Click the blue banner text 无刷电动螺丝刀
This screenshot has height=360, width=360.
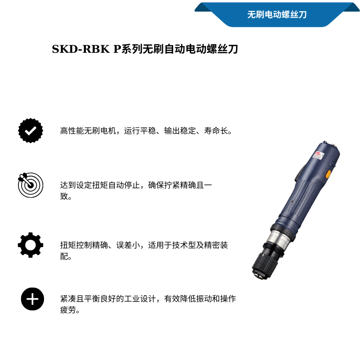(x=277, y=15)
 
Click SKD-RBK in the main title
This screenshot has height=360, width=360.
(x=81, y=49)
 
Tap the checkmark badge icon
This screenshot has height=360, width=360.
(x=31, y=130)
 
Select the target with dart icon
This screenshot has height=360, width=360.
(x=30, y=185)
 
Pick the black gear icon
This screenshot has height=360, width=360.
(x=30, y=245)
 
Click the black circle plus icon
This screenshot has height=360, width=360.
(x=32, y=299)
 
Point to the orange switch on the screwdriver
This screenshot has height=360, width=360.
(x=328, y=174)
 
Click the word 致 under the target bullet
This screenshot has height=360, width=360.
(x=64, y=196)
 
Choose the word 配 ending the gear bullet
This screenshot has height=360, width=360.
(x=64, y=256)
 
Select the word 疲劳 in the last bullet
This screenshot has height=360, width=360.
(x=68, y=310)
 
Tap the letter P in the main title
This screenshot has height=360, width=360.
(x=116, y=49)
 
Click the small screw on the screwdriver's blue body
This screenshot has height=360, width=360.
(x=293, y=202)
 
